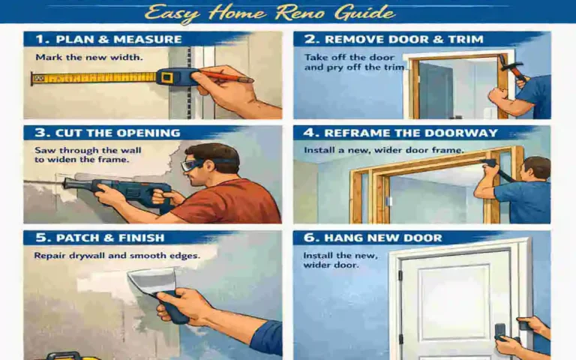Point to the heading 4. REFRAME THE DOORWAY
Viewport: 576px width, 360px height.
(x=400, y=133)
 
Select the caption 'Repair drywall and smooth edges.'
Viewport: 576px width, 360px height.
(x=116, y=256)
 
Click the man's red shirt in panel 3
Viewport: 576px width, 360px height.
(x=225, y=202)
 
